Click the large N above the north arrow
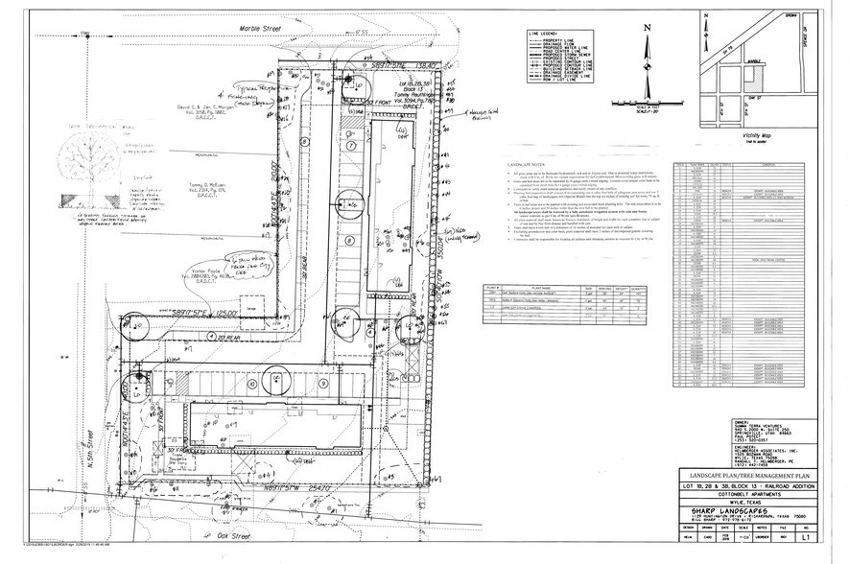pyautogui.click(x=648, y=28)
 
